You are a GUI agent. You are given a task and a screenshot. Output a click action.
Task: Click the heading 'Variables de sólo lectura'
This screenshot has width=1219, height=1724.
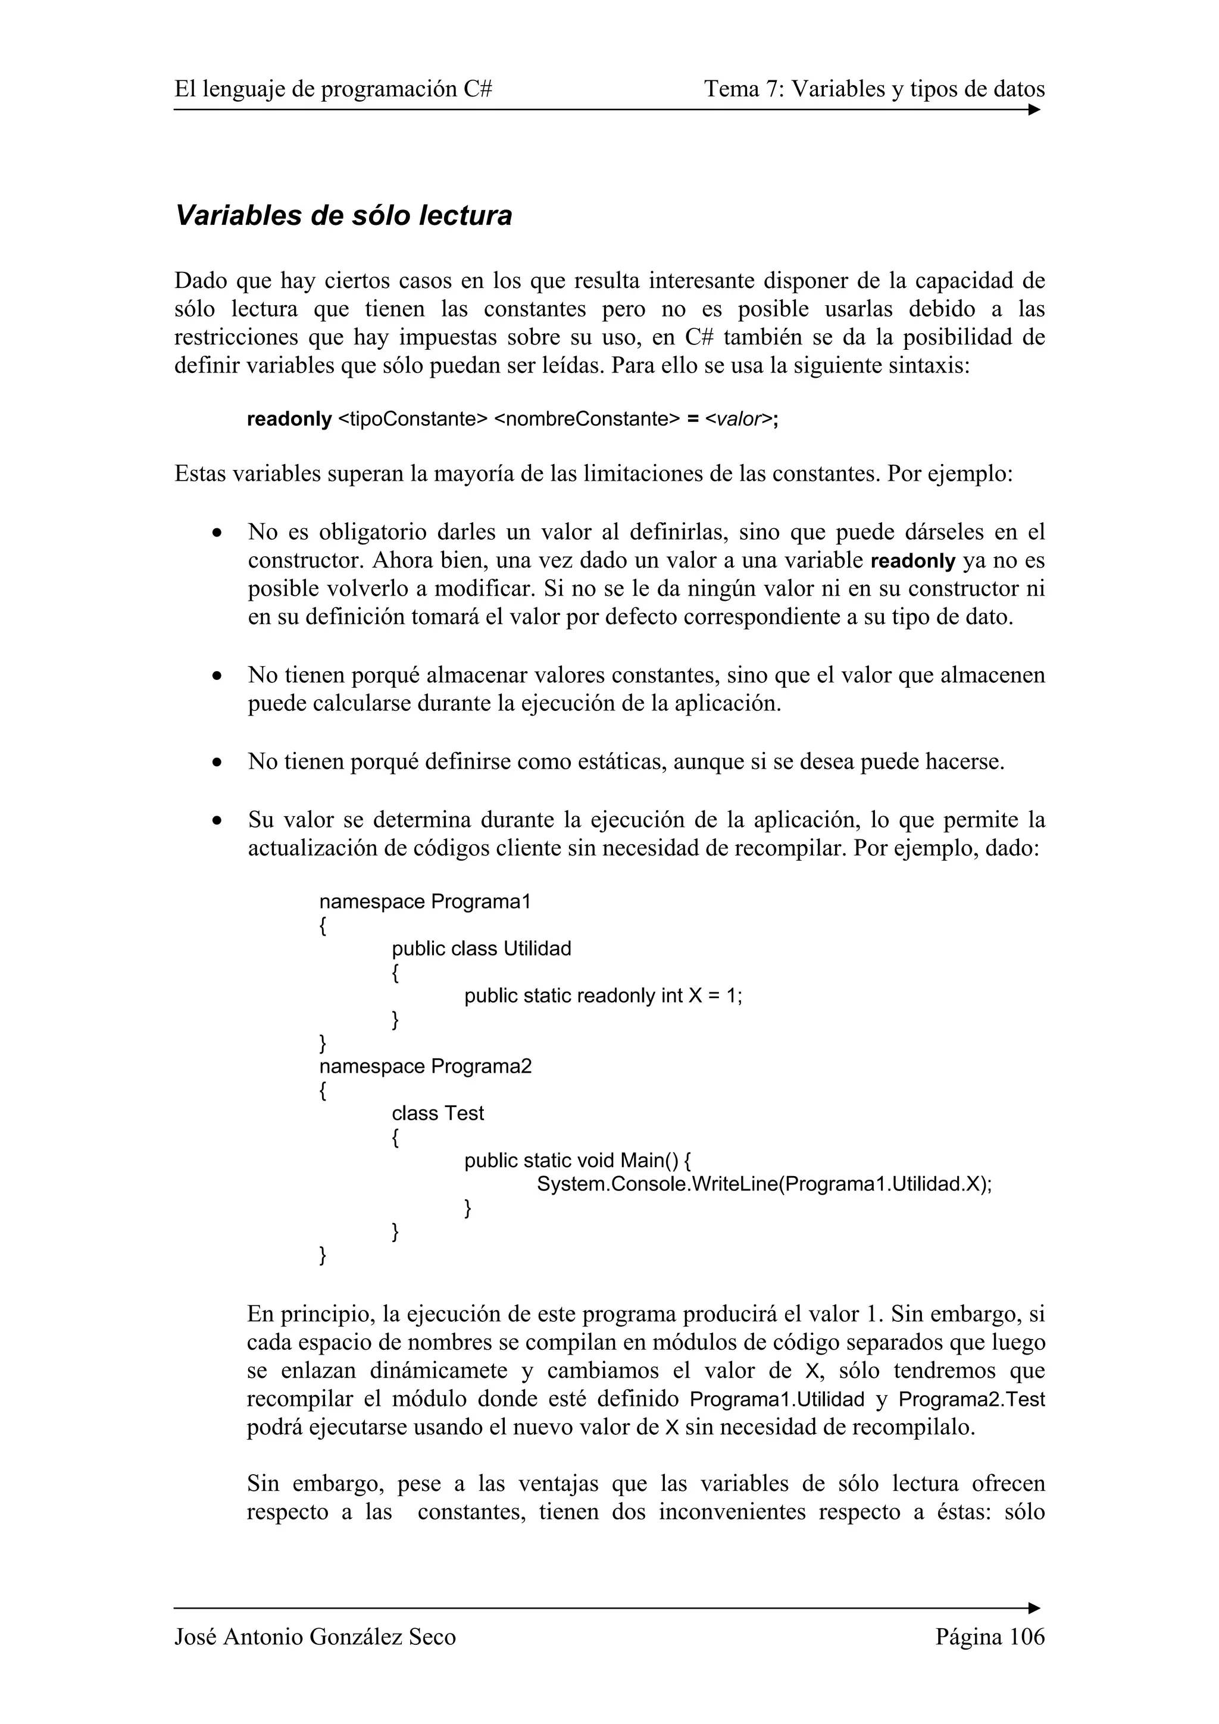pyautogui.click(x=343, y=215)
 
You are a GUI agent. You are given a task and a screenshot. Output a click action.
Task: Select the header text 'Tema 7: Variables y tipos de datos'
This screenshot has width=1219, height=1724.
pyautogui.click(x=874, y=89)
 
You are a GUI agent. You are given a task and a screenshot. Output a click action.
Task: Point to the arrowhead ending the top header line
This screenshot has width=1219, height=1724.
pyautogui.click(x=1034, y=109)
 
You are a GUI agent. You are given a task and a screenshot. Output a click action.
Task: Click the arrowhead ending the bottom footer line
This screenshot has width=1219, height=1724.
pyautogui.click(x=1034, y=1607)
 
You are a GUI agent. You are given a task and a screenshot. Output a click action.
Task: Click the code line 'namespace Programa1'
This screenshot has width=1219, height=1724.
pyautogui.click(x=425, y=902)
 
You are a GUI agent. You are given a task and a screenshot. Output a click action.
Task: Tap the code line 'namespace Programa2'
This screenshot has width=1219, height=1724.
pyautogui.click(x=425, y=1066)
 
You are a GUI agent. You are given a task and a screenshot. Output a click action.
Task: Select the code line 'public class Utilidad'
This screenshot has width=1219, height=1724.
pyautogui.click(x=482, y=948)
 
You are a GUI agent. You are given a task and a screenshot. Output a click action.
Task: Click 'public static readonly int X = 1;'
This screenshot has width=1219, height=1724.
pyautogui.click(x=603, y=996)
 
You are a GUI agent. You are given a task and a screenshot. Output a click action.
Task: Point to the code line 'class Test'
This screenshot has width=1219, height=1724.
pyautogui.click(x=438, y=1113)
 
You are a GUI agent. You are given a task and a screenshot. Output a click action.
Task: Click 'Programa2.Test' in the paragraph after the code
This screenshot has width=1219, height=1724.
pyautogui.click(x=971, y=1400)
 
